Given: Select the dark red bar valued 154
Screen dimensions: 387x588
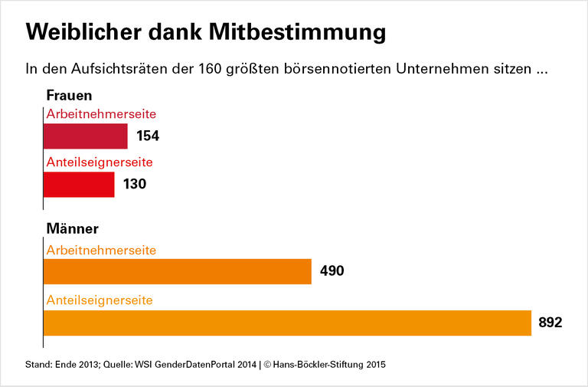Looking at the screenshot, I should tap(85, 136).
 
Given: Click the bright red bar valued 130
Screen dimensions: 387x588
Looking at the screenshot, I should tap(79, 184).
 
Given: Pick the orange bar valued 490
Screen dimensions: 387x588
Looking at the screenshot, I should tap(178, 271).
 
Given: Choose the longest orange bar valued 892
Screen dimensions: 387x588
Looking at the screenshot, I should tap(287, 323).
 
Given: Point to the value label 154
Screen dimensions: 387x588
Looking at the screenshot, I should tap(148, 136).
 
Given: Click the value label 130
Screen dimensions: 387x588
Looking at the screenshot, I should tap(135, 185).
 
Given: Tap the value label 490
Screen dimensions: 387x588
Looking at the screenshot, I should tap(332, 271).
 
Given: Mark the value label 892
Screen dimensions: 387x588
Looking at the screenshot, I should tap(550, 323).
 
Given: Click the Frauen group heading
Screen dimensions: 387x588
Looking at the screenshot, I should tap(69, 96).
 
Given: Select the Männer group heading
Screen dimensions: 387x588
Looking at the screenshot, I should tap(73, 228).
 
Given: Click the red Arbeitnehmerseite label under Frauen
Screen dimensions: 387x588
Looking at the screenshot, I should tap(101, 113).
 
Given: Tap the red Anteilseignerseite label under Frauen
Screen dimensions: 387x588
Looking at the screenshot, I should tap(100, 162).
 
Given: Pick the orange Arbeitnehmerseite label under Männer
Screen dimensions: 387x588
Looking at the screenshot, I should tap(101, 250).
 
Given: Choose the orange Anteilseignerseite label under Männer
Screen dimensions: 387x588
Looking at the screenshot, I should tap(100, 300).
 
